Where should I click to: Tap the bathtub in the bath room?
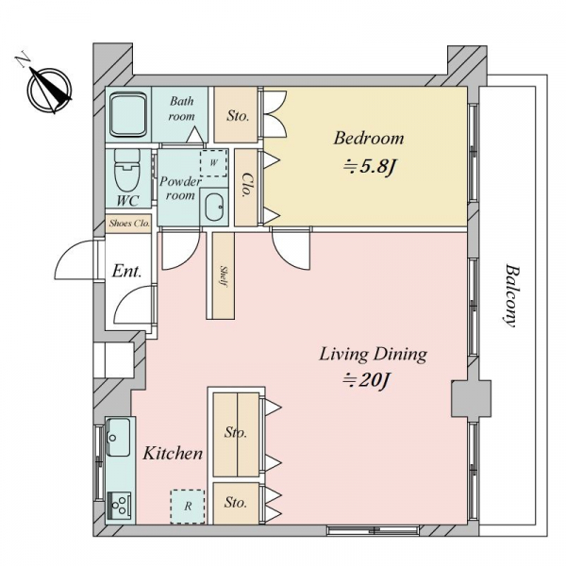[x=128, y=115]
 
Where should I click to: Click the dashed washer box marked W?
[x=214, y=163]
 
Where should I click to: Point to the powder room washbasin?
[x=214, y=208]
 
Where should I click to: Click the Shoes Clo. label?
[x=129, y=224]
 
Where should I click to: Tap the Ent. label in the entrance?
[x=126, y=271]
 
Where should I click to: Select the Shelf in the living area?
[x=223, y=275]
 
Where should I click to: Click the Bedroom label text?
[x=369, y=138]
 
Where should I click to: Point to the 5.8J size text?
[x=371, y=167]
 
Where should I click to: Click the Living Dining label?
[x=373, y=354]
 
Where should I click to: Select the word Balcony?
[x=511, y=296]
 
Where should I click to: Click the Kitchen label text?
[x=173, y=453]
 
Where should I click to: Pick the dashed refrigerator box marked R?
[x=188, y=507]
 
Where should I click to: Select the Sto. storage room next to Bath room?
[x=236, y=115]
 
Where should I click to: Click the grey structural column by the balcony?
[x=471, y=398]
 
